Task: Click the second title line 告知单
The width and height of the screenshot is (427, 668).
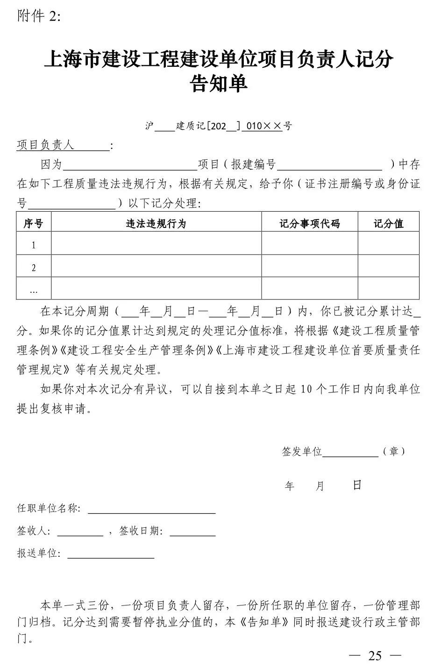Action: pos(219,84)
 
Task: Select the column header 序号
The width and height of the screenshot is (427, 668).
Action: pos(33,224)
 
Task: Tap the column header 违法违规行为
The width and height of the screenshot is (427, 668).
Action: pos(156,224)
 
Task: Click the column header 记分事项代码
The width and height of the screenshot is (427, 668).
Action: pos(309,224)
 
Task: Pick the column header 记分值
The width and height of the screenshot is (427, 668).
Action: pos(388,224)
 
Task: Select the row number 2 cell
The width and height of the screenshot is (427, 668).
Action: pos(34,268)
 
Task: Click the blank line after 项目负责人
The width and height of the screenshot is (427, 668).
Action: pos(92,147)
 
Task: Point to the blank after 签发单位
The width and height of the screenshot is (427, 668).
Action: pos(350,453)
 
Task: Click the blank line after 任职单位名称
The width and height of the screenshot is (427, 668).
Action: pos(152,510)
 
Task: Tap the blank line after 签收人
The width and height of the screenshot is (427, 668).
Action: pos(80,532)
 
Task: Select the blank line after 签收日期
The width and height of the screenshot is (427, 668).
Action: pos(192,532)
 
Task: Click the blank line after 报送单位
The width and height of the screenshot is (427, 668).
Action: pos(111,554)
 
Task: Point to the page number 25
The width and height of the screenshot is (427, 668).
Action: pos(375,655)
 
